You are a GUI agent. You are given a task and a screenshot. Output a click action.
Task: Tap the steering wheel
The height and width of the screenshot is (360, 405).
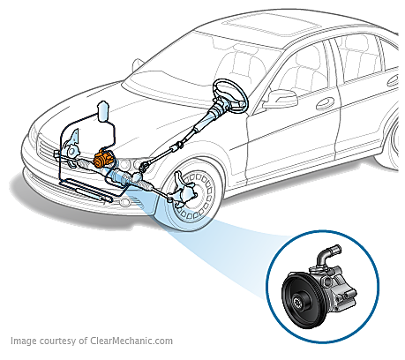pos(230,94)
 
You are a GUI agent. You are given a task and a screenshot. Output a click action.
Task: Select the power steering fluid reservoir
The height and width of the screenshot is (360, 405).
pos(103,111)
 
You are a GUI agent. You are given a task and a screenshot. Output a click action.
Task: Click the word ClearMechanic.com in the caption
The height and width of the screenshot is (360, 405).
pos(131,341)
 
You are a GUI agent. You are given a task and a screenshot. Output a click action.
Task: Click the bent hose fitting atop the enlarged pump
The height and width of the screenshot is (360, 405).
pos(327,253)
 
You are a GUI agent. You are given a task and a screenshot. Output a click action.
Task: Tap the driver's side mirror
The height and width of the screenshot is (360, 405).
pos(281,99)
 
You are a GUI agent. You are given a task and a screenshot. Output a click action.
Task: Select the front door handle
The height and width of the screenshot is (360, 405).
pos(325,103)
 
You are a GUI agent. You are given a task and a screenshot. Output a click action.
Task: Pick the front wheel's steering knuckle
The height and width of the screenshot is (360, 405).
pos(183,190)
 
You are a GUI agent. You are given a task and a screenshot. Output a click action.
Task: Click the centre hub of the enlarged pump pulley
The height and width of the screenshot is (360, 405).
pos(298,302)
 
